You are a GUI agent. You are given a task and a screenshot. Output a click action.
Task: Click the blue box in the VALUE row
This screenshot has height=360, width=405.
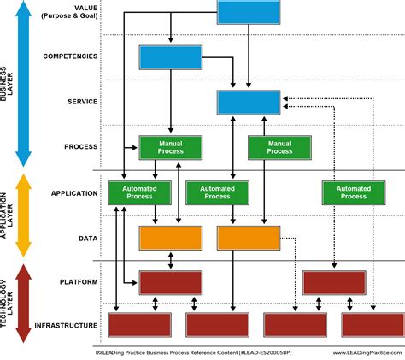[248, 12]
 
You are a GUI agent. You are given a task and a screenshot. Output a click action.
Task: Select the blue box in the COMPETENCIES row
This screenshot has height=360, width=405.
[170, 56]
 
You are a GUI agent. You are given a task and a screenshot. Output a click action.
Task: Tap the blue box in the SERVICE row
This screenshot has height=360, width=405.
[248, 102]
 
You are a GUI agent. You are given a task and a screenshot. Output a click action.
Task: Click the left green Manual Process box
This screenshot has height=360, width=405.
[170, 147]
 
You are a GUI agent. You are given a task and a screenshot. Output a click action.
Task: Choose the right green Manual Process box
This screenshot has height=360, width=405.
[279, 147]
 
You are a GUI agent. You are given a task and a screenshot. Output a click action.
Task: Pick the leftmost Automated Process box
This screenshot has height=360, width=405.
[139, 192]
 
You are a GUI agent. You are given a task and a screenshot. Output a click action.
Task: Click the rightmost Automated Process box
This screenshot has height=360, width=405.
[353, 192]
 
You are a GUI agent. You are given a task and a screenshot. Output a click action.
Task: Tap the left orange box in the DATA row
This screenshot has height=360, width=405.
[170, 237]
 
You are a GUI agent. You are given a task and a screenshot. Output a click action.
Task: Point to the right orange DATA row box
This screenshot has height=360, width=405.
[249, 237]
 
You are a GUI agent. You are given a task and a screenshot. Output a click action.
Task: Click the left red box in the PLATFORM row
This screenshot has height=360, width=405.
[170, 281]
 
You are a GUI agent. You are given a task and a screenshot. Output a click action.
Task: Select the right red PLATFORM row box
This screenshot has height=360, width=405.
[334, 281]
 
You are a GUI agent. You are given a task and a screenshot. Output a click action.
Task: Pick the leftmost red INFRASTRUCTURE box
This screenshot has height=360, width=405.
[139, 324]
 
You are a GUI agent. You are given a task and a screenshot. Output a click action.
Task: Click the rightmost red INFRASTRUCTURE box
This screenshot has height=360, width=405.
[373, 324]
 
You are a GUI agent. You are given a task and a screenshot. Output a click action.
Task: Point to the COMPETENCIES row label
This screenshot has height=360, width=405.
[69, 56]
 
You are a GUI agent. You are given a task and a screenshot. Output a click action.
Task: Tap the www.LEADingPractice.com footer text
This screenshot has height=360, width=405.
[363, 351]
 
